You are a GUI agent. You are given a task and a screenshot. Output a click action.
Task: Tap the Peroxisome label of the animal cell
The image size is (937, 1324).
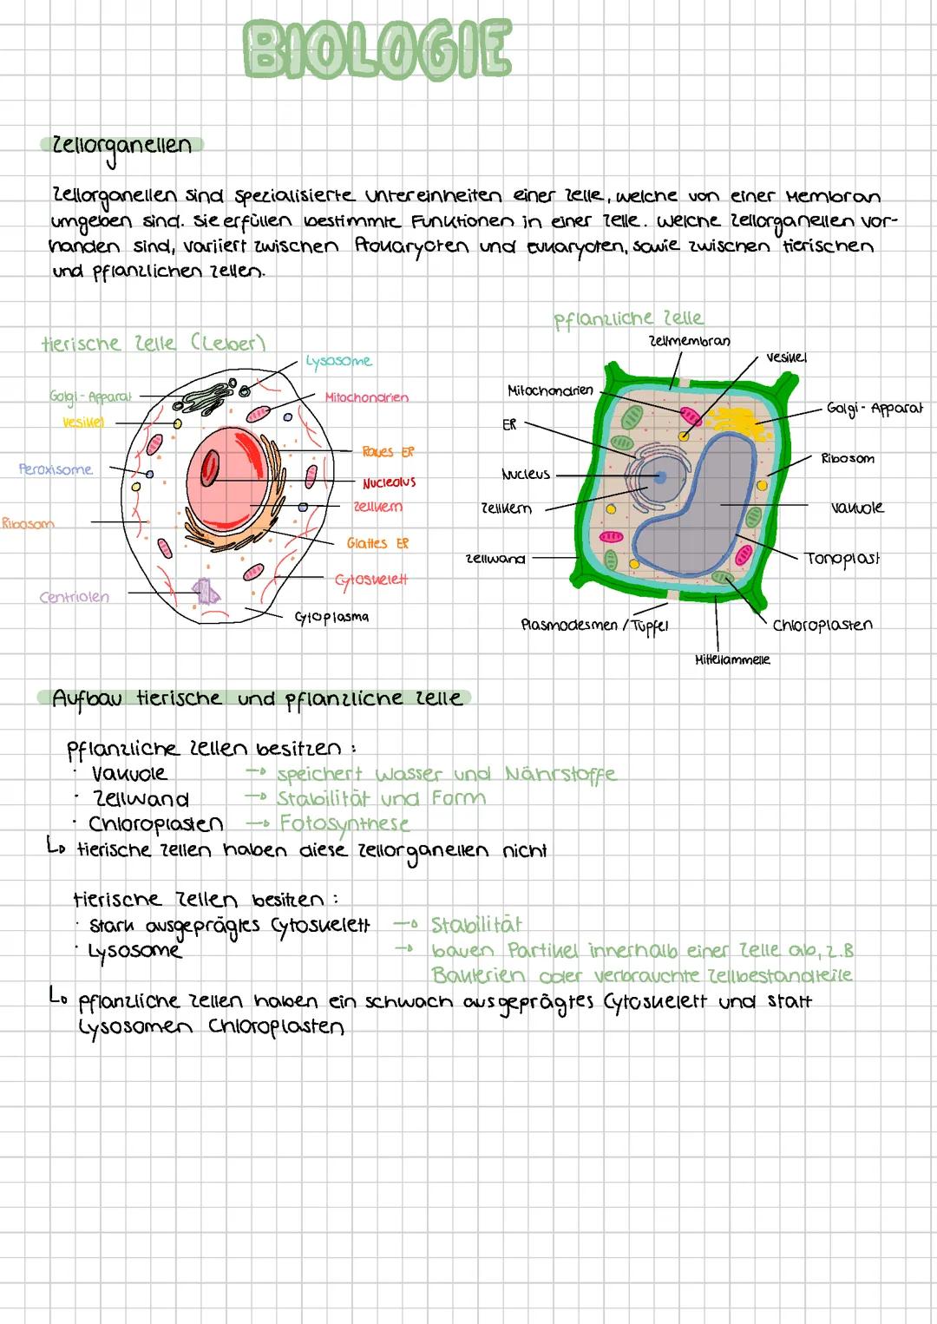(56, 469)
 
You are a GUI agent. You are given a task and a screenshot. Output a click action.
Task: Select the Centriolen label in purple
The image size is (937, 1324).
(75, 597)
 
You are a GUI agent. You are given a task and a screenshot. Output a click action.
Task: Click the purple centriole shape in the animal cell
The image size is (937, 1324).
(206, 591)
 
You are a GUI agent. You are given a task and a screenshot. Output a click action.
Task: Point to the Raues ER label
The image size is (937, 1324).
(388, 451)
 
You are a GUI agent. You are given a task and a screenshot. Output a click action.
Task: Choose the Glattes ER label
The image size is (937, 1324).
(377, 543)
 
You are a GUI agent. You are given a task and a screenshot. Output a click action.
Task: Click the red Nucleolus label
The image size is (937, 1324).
(389, 482)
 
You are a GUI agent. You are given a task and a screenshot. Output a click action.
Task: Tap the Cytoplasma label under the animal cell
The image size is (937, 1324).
(331, 617)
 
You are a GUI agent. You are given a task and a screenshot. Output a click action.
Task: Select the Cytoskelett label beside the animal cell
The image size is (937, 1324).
(370, 579)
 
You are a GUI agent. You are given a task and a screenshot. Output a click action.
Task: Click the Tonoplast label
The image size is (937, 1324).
(842, 558)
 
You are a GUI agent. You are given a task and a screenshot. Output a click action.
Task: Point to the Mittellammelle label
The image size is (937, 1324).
(732, 659)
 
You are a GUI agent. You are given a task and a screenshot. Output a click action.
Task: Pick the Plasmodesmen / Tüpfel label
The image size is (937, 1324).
(594, 625)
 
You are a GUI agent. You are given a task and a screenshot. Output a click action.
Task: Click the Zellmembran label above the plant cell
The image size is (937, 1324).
(689, 341)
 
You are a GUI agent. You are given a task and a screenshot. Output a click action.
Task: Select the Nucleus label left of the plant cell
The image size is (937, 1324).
(526, 475)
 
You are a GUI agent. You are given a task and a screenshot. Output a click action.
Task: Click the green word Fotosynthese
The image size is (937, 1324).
(344, 823)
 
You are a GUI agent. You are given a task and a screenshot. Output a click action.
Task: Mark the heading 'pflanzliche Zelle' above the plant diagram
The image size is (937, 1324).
(629, 318)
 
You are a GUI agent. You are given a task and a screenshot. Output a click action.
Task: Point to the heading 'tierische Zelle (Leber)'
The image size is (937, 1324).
(153, 344)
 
